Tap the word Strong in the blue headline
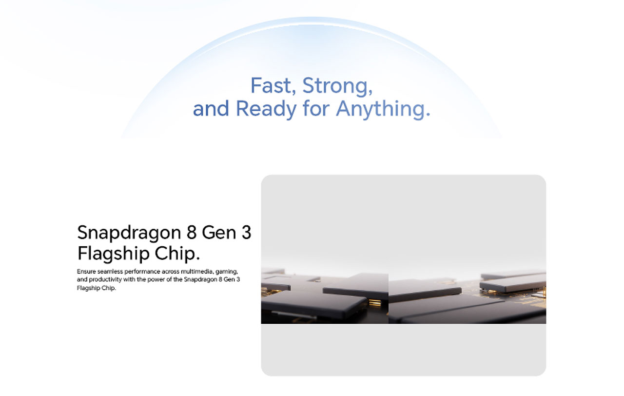(337, 87)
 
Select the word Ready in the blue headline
(266, 110)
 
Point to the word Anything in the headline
(383, 110)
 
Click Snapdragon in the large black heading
(129, 233)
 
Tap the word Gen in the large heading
(219, 233)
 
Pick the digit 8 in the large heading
(192, 233)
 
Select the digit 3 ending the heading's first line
(246, 233)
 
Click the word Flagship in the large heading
(114, 254)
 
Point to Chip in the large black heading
(177, 254)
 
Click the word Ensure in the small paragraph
(86, 272)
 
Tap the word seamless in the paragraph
(110, 272)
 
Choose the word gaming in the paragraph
(227, 272)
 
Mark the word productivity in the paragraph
(105, 280)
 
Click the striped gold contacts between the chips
(375, 303)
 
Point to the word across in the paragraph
(171, 272)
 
